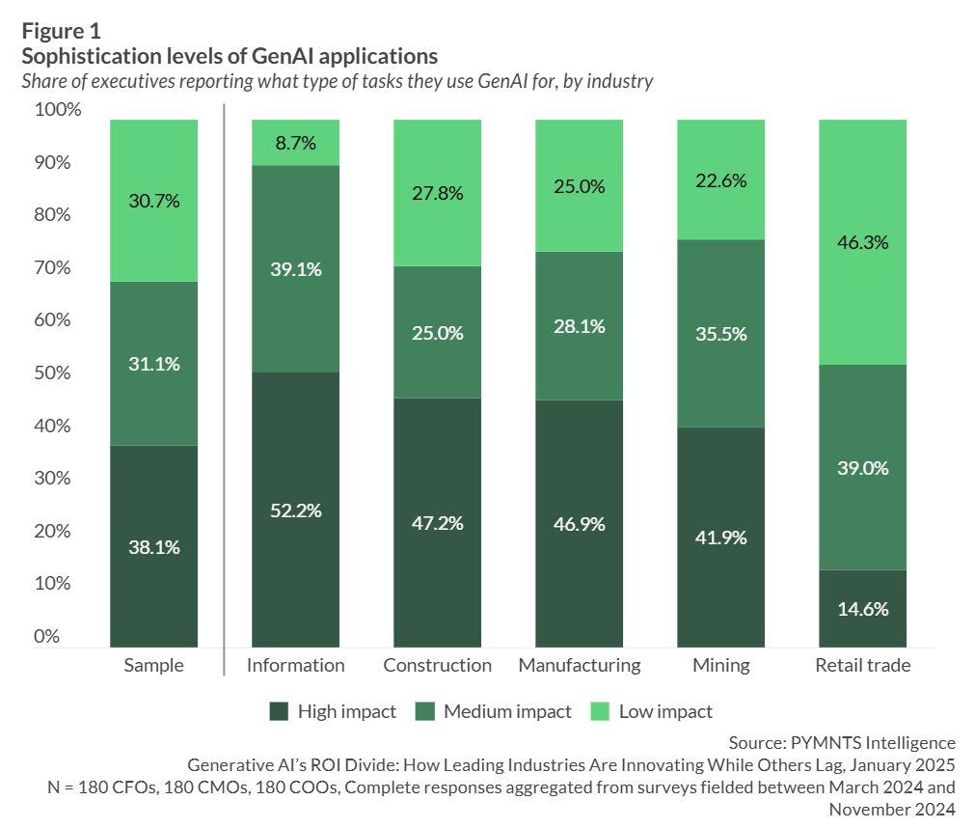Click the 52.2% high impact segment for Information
tap(295, 510)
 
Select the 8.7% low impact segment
tap(295, 143)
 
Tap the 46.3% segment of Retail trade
tap(863, 242)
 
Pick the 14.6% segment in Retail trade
tap(863, 609)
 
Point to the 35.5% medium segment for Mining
tap(720, 333)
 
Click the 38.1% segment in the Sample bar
tap(153, 546)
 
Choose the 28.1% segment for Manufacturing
tap(579, 326)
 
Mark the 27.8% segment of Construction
tap(437, 193)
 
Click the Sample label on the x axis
tap(153, 665)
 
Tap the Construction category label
tap(437, 665)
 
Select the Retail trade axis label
tap(863, 665)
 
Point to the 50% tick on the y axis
tap(52, 373)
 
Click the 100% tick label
tap(58, 110)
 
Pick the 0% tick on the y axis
tap(45, 637)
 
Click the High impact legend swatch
tap(279, 712)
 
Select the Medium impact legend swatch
tap(425, 712)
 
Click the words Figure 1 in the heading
tap(60, 30)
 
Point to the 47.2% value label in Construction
tap(437, 523)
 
